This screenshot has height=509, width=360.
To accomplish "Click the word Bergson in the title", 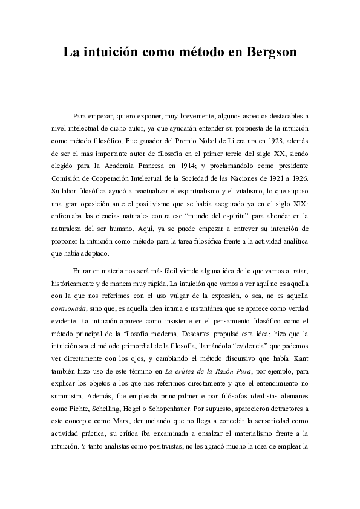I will pos(272,52).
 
